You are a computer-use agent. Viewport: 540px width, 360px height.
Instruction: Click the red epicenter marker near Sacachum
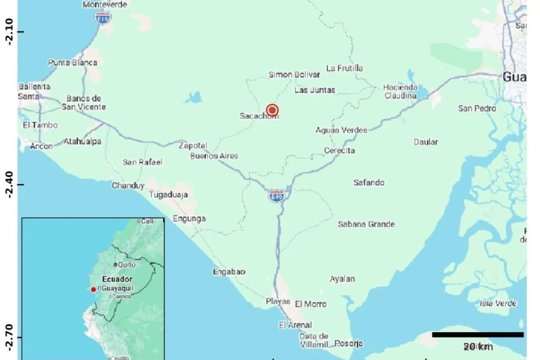tap(272, 110)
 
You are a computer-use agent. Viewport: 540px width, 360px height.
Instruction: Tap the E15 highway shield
tap(103, 18)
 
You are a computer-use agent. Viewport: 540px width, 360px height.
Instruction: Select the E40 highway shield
tap(276, 196)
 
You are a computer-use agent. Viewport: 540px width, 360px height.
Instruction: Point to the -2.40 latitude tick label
tap(7, 184)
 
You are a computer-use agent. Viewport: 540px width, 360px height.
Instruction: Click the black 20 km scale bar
tap(478, 335)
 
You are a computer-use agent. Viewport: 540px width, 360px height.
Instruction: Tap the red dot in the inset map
tap(93, 289)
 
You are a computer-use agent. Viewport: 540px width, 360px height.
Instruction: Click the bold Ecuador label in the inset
tap(117, 279)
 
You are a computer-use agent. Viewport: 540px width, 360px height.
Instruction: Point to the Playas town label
tap(278, 301)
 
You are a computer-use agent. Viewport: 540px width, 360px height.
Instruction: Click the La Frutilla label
tap(345, 68)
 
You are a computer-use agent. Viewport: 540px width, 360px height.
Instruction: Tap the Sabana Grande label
tap(367, 224)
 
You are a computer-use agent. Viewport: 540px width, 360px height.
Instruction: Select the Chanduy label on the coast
tap(128, 186)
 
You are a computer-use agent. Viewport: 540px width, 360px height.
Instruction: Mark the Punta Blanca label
tap(73, 63)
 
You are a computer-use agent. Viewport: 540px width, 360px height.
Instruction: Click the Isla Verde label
tap(498, 303)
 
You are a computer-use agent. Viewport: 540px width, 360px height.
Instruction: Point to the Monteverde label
tap(105, 5)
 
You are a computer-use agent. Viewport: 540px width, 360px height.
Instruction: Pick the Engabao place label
tap(229, 272)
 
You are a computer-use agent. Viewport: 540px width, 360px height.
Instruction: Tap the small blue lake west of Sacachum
tap(195, 97)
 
